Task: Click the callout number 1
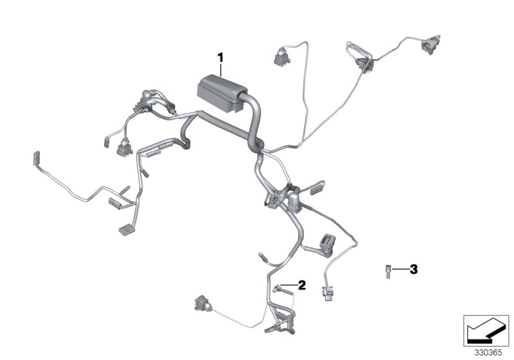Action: click(220, 58)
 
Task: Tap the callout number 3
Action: click(413, 269)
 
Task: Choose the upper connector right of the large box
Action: click(281, 57)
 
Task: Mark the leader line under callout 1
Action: click(220, 70)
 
